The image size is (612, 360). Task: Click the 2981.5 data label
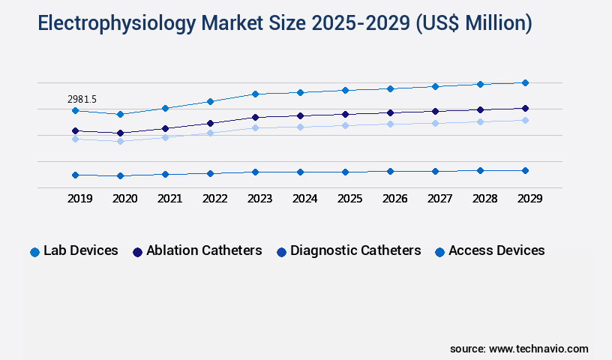(82, 99)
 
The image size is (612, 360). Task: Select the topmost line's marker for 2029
(525, 82)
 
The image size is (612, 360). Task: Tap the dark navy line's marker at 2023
(255, 117)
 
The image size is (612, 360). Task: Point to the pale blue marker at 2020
(120, 141)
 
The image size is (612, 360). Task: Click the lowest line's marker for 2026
(390, 171)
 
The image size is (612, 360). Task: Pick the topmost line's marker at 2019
(75, 110)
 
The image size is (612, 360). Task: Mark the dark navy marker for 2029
(525, 108)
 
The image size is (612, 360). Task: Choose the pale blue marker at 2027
(435, 123)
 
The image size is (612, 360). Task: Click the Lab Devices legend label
(80, 250)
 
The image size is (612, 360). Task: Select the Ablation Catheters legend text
(204, 250)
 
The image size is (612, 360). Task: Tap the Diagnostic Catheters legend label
(355, 250)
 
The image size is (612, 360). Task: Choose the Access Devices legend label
(496, 250)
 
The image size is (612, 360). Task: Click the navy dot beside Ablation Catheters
(137, 252)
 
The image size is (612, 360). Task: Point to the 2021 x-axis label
(169, 199)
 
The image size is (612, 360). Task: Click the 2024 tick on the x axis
(304, 199)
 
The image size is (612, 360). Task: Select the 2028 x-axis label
(484, 199)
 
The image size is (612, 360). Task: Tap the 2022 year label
(214, 199)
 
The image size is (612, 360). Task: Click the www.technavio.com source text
(538, 349)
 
